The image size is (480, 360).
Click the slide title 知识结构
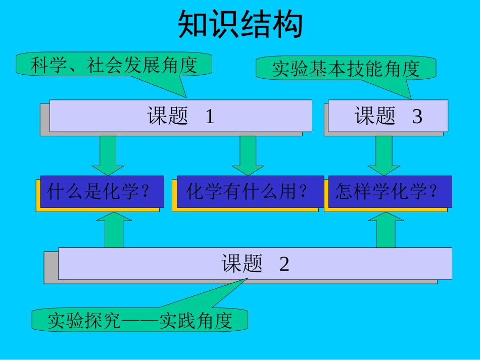[240, 25]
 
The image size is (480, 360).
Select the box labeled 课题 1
[180, 116]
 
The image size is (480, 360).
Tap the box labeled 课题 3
[388, 116]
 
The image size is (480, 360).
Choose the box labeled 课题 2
[255, 263]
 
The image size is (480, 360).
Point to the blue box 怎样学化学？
[390, 192]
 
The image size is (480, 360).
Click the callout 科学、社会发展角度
[114, 65]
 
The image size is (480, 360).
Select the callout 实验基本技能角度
[346, 69]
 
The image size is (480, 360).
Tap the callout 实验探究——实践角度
[140, 321]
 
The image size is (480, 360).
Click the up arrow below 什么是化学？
[114, 230]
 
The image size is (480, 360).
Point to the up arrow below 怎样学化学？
[386, 230]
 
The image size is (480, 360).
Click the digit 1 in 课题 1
[210, 117]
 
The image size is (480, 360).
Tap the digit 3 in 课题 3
[417, 117]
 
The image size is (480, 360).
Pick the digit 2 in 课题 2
[284, 264]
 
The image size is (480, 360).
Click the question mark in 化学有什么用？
[303, 192]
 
